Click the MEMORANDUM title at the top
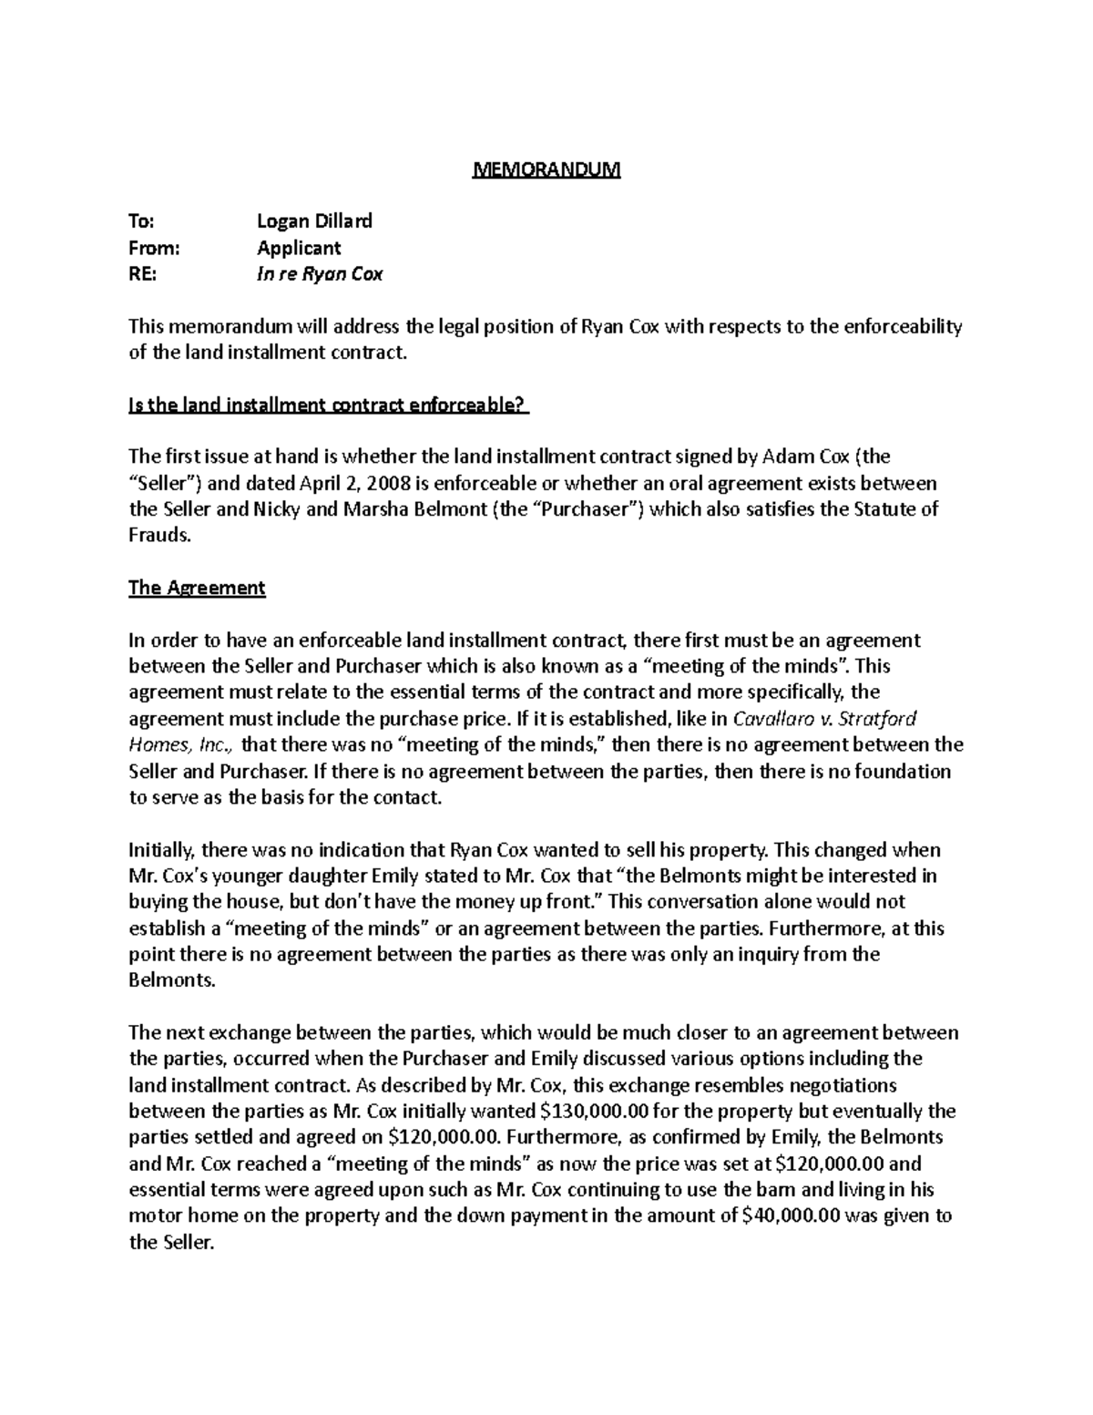[546, 169]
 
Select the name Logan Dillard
[314, 220]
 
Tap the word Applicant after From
[299, 247]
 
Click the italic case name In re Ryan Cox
[319, 273]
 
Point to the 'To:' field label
[141, 220]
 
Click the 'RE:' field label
[143, 273]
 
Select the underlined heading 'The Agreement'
[197, 588]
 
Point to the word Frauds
[160, 536]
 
